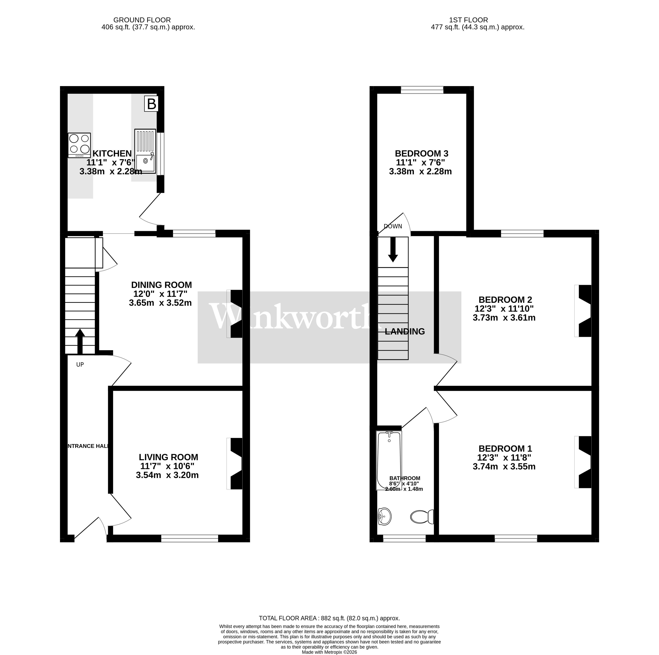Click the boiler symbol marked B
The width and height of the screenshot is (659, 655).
(152, 104)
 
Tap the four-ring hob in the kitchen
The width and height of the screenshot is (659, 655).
(79, 145)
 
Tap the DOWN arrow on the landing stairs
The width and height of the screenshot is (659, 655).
(393, 249)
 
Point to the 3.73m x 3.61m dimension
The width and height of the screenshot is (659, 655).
(504, 318)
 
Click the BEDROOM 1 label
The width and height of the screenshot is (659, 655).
(505, 449)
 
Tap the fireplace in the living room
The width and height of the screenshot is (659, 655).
(235, 464)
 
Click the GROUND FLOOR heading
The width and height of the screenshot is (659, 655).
(142, 20)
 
